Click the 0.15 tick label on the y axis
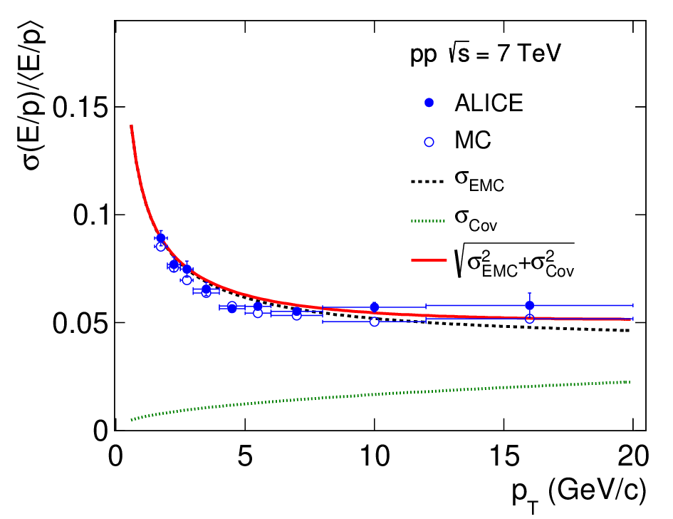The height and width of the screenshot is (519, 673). (x=80, y=107)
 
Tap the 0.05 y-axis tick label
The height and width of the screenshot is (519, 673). (x=80, y=323)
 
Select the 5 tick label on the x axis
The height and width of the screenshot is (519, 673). (x=245, y=456)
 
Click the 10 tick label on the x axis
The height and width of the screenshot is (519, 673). (x=375, y=456)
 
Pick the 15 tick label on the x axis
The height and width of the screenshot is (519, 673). (x=504, y=456)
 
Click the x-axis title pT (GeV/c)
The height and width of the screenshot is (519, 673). (x=579, y=494)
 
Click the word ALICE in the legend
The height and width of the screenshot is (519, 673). (x=489, y=103)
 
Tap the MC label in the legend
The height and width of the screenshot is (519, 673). (x=473, y=140)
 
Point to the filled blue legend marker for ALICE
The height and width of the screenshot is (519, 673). (x=429, y=103)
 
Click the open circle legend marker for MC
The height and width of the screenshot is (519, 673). (x=429, y=142)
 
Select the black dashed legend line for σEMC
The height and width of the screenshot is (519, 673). (x=427, y=182)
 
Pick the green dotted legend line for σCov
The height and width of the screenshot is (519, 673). (x=428, y=221)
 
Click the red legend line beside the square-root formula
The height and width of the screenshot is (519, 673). (x=429, y=260)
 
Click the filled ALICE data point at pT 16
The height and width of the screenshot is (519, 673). (x=530, y=305)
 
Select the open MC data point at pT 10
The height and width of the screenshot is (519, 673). (x=375, y=322)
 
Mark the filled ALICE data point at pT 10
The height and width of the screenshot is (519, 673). (x=375, y=307)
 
